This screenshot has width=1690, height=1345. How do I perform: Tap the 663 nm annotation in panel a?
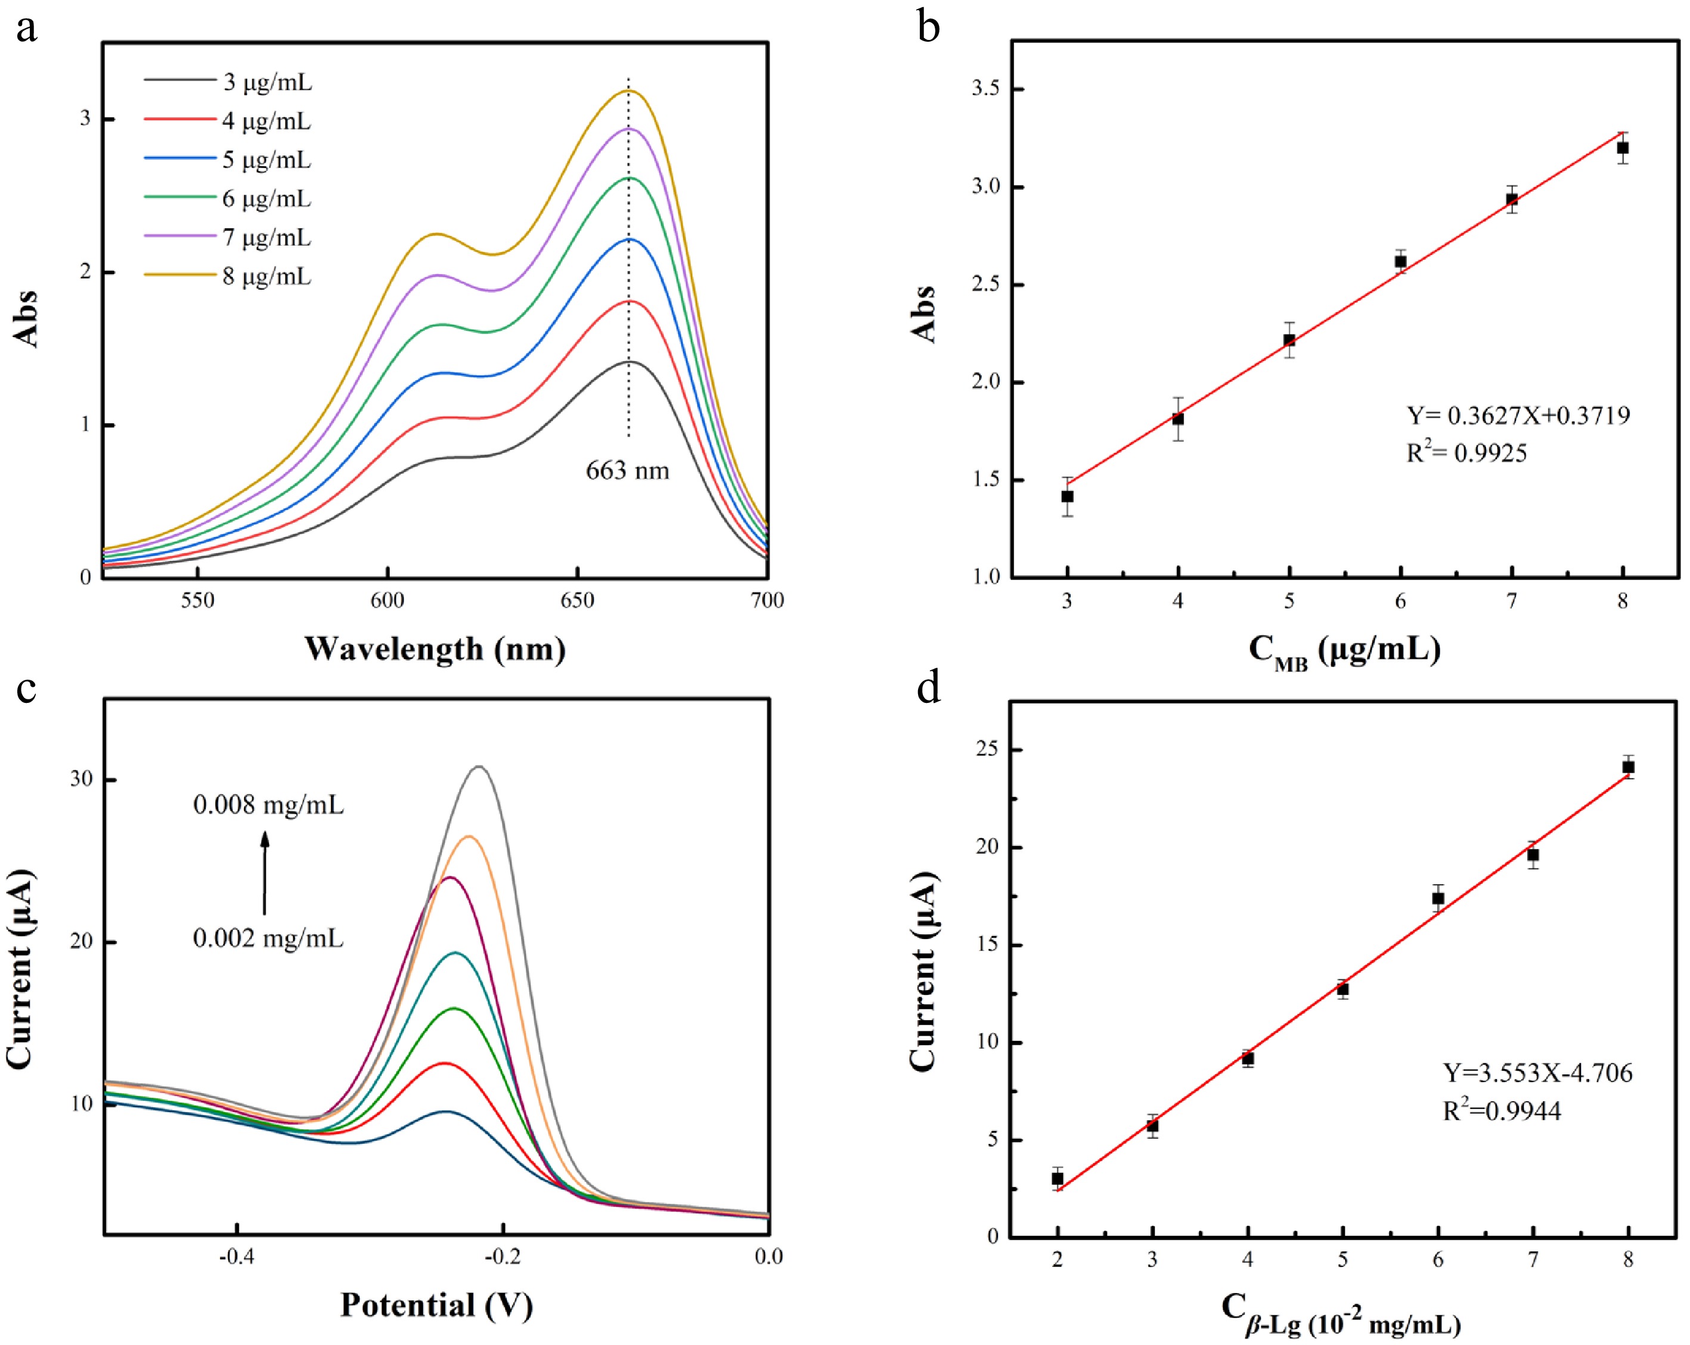tap(627, 471)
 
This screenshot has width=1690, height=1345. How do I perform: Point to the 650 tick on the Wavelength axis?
tap(578, 600)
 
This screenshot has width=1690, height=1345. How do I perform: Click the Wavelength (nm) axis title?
tap(435, 650)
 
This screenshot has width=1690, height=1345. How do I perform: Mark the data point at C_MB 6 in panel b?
tap(1400, 262)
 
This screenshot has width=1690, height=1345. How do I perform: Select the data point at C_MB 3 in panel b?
tap(1067, 496)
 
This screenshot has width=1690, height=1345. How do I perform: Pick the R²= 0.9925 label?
tap(1466, 453)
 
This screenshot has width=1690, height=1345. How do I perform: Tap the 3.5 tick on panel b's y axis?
tap(986, 89)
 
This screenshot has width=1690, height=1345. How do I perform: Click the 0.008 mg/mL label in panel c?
tap(268, 805)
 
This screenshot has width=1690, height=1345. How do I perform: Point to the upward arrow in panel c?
tap(265, 872)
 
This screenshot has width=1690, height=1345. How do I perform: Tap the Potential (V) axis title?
tap(436, 1306)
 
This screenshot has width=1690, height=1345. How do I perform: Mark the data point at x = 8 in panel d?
tap(1628, 767)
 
